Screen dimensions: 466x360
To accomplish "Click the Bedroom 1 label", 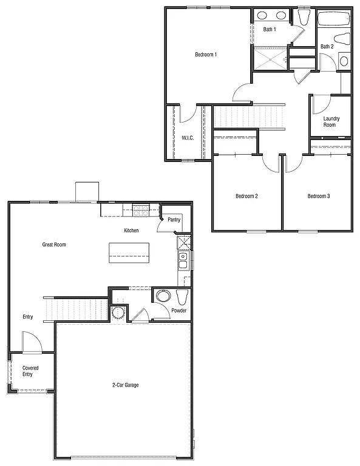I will (x=206, y=55).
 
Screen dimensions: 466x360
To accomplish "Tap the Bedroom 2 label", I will (x=247, y=196).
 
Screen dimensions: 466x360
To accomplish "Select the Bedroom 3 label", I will (x=319, y=196).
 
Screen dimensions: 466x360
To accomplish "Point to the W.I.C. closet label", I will (x=188, y=138).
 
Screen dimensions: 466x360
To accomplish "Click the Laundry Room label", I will (x=331, y=122).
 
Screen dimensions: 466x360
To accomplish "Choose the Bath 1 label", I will (x=270, y=29).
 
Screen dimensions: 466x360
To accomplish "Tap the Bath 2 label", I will (x=327, y=47).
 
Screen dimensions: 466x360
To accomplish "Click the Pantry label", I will (x=174, y=220).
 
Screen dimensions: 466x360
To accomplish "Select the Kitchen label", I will (x=131, y=231).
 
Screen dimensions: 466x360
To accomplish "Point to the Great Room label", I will (x=54, y=245).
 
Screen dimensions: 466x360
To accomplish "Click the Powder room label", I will (x=178, y=311).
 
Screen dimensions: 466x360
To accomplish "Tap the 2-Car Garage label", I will (x=125, y=385).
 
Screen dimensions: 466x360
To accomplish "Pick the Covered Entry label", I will (x=31, y=371).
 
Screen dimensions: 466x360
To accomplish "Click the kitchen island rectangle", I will (x=129, y=252).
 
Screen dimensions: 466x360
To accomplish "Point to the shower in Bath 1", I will (x=270, y=58).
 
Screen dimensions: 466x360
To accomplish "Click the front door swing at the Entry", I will (x=30, y=342).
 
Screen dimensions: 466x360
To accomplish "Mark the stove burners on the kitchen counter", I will (x=141, y=211).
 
